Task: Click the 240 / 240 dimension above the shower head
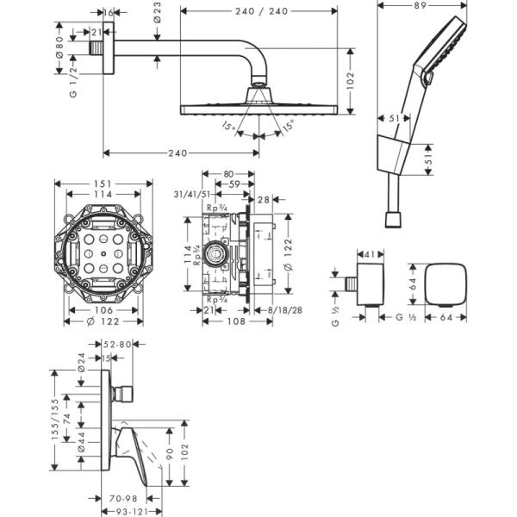point(259,11)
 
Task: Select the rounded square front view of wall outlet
point(446,283)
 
